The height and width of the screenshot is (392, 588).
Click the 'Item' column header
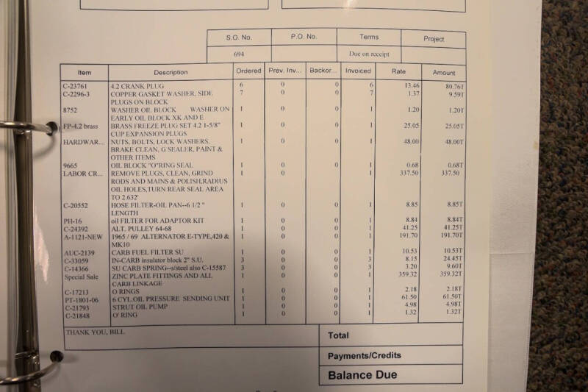(x=85, y=72)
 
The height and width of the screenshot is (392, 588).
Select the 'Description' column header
(x=171, y=72)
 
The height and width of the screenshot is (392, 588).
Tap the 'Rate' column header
(x=398, y=72)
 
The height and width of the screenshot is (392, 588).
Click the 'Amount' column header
(x=443, y=73)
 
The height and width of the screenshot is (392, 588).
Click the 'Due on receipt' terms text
(x=368, y=54)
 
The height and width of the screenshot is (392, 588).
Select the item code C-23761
(x=76, y=86)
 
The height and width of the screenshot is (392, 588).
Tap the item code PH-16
(x=71, y=221)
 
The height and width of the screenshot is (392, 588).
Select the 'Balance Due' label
(x=362, y=375)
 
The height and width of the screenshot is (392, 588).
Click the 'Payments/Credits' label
(x=365, y=355)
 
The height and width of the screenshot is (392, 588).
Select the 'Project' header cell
(x=434, y=38)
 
